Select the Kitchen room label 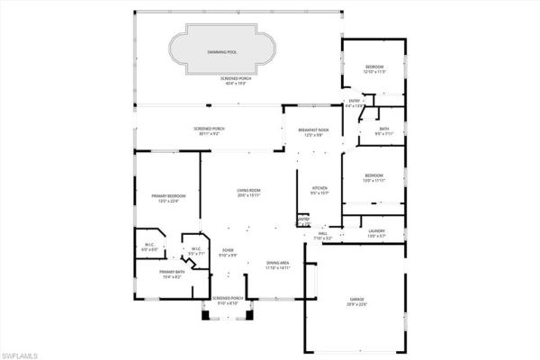tap(320, 190)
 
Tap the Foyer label tap(229, 253)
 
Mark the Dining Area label tap(277, 265)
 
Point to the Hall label tap(322, 236)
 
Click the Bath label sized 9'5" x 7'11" tap(384, 131)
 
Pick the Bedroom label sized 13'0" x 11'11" tap(373, 177)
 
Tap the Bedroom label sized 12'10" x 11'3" tap(373, 69)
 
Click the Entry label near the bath tap(354, 103)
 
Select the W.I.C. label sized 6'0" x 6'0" tap(149, 246)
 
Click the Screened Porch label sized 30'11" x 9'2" tap(209, 131)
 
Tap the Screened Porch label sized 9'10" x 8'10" tap(229, 301)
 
